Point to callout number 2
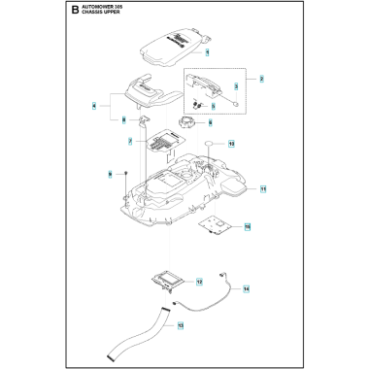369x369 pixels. click(x=262, y=78)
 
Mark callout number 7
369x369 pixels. click(x=129, y=143)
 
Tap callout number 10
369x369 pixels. click(x=231, y=142)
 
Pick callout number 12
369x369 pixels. click(x=199, y=282)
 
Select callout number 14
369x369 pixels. click(x=246, y=289)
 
